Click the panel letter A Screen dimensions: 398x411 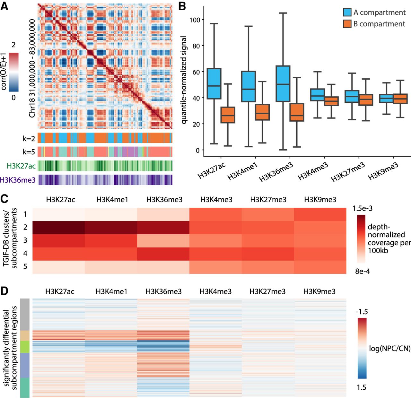click(x=4, y=6)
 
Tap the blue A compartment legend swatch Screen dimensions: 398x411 click(x=347, y=12)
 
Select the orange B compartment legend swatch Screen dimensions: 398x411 click(x=347, y=24)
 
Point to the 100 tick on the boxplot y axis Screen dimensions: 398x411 click(x=195, y=20)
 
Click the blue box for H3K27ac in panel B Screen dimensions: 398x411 click(x=214, y=83)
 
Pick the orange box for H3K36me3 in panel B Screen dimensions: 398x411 click(x=297, y=112)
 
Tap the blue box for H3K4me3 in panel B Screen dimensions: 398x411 click(x=318, y=95)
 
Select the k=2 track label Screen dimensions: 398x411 click(x=29, y=139)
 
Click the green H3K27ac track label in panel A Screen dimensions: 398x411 click(x=21, y=166)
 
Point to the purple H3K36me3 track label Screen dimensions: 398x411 click(x=18, y=180)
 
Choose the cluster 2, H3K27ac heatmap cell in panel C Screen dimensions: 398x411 click(x=59, y=227)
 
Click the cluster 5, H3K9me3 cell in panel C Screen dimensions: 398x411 click(x=320, y=267)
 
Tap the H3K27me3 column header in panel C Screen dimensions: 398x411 click(x=268, y=200)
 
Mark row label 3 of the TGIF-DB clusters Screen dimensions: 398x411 click(x=25, y=240)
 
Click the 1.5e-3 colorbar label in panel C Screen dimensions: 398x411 click(x=362, y=208)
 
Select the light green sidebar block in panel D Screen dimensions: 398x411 click(x=25, y=347)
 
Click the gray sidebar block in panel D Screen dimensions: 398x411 click(x=25, y=314)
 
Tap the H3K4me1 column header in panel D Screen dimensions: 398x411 click(x=111, y=291)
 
